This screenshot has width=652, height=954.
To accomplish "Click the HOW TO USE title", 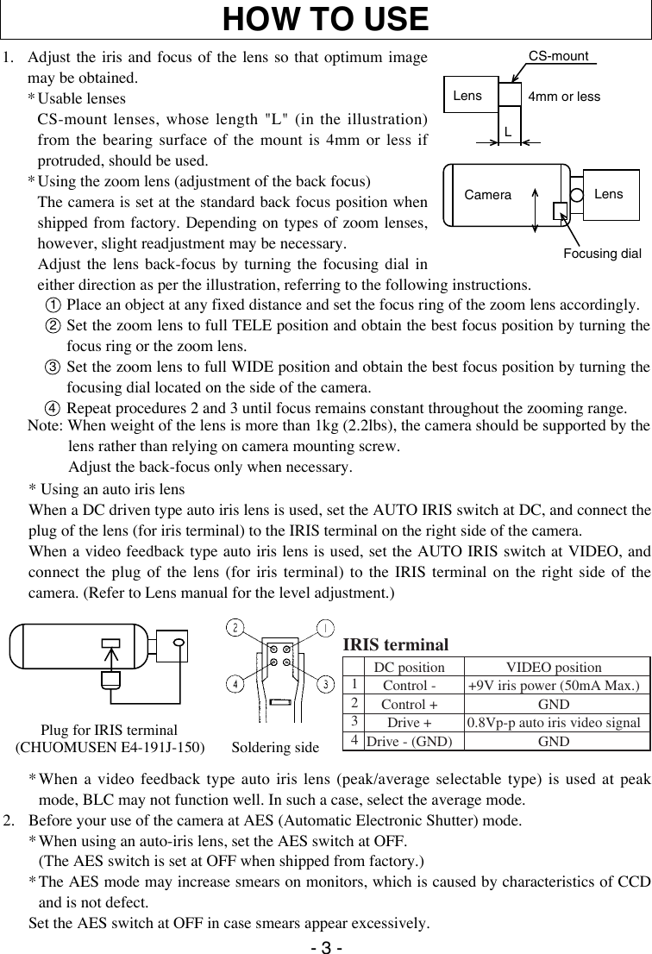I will (325, 20).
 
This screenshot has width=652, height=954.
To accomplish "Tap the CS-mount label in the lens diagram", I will (558, 57).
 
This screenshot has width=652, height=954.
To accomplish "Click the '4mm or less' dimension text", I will (564, 97).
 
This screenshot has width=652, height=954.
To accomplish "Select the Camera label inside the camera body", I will (487, 195).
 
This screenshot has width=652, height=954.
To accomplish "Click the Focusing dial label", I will (602, 254).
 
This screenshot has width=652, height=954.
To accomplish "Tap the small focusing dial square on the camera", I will (561, 210).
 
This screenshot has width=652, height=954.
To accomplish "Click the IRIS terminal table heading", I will (396, 644).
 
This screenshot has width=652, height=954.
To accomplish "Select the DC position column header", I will (410, 667).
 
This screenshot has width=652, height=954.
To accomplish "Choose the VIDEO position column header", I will (554, 667).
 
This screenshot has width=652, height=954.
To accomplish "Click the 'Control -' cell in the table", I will (409, 686).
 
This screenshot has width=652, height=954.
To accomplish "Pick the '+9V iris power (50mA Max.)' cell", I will (553, 686).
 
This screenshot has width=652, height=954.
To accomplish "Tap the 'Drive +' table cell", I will (411, 723).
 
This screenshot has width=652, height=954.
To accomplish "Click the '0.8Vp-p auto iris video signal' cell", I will (554, 723).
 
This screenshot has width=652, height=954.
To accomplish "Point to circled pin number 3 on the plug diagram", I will (326, 685).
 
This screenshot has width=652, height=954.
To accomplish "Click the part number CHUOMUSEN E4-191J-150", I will (110, 746).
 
